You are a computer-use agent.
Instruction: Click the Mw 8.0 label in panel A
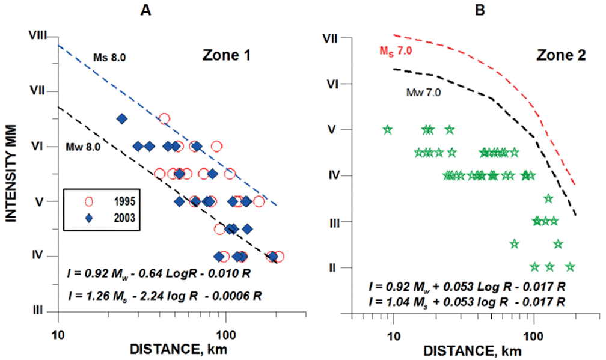[x=84, y=146]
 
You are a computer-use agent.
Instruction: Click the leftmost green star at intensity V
[x=388, y=129]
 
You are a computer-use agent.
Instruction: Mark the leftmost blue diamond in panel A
[x=121, y=119]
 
